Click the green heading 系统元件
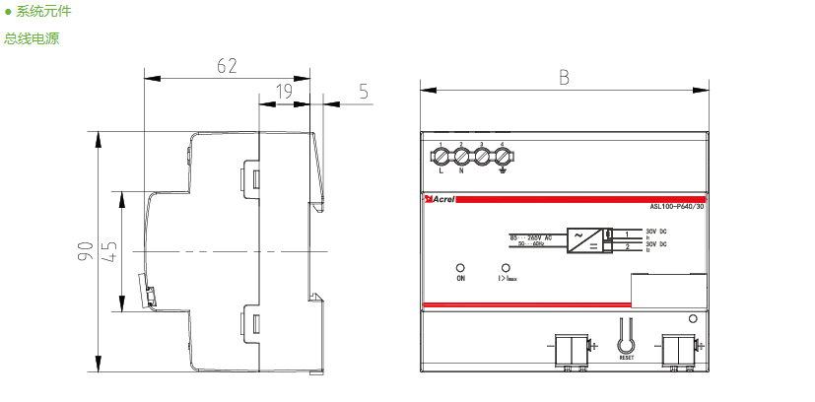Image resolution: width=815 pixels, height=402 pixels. [x=43, y=13]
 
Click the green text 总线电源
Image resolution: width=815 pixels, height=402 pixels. [x=32, y=39]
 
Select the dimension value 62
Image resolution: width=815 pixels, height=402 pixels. [x=227, y=66]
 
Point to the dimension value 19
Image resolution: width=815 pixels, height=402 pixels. [x=284, y=92]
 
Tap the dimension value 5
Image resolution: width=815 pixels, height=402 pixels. [x=364, y=92]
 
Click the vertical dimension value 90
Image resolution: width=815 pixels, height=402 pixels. [x=86, y=251]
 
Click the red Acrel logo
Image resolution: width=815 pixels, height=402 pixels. [x=439, y=199]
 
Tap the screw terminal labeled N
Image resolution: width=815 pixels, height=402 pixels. [x=461, y=156]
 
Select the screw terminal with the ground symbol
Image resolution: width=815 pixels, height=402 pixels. [x=503, y=156]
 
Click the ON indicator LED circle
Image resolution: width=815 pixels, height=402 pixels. [x=460, y=267]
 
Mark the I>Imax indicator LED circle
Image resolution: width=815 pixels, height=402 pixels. [x=507, y=267]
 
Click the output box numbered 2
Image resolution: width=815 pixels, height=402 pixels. [x=628, y=246]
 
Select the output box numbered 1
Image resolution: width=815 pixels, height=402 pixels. [x=628, y=234]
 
